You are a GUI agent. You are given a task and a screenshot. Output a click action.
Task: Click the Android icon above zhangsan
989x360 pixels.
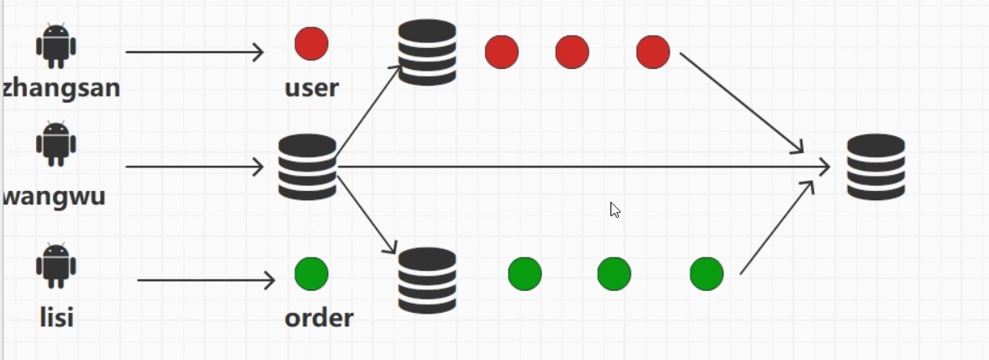[x=56, y=45]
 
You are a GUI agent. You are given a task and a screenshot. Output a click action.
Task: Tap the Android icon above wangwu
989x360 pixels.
[x=56, y=144]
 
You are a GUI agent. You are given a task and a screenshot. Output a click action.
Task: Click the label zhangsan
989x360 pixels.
[x=61, y=87]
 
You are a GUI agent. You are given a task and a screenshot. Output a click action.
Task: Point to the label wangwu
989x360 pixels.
[x=55, y=195]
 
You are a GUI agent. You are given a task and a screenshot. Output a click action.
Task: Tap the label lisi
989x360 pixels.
[x=56, y=317]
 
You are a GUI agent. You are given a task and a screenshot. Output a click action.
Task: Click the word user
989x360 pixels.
[x=311, y=87]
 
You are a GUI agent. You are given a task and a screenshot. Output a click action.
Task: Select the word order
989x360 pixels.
[x=319, y=318]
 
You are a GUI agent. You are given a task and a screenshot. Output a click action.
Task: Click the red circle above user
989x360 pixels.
[x=311, y=44]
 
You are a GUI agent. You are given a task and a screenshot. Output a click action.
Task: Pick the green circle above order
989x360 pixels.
[x=311, y=273]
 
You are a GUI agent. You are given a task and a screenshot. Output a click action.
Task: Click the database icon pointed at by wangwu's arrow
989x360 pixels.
[x=307, y=167]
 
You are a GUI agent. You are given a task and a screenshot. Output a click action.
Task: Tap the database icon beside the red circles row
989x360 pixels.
[x=427, y=52]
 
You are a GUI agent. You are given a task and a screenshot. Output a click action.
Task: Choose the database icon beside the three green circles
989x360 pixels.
[x=427, y=280]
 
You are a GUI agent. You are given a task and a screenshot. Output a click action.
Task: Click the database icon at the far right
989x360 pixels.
[x=875, y=167]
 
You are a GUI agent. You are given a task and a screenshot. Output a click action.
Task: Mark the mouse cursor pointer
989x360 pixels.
[x=615, y=209]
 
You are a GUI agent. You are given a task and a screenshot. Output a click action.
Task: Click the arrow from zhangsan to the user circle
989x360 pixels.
[x=194, y=52]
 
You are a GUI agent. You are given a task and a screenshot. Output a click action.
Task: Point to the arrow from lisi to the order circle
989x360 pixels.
[x=206, y=280]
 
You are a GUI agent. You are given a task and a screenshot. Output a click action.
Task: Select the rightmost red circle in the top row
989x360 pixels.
[x=653, y=52]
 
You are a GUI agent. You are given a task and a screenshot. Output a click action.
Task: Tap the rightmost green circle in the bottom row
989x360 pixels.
[x=706, y=273]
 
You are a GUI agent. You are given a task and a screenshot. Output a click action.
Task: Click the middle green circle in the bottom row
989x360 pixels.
[x=614, y=273]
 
